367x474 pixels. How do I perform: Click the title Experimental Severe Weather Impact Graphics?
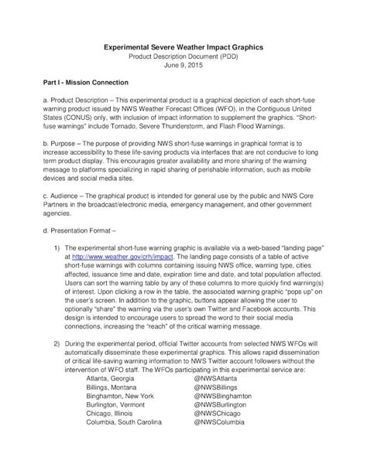click(183, 47)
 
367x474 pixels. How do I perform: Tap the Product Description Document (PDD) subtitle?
click(183, 56)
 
